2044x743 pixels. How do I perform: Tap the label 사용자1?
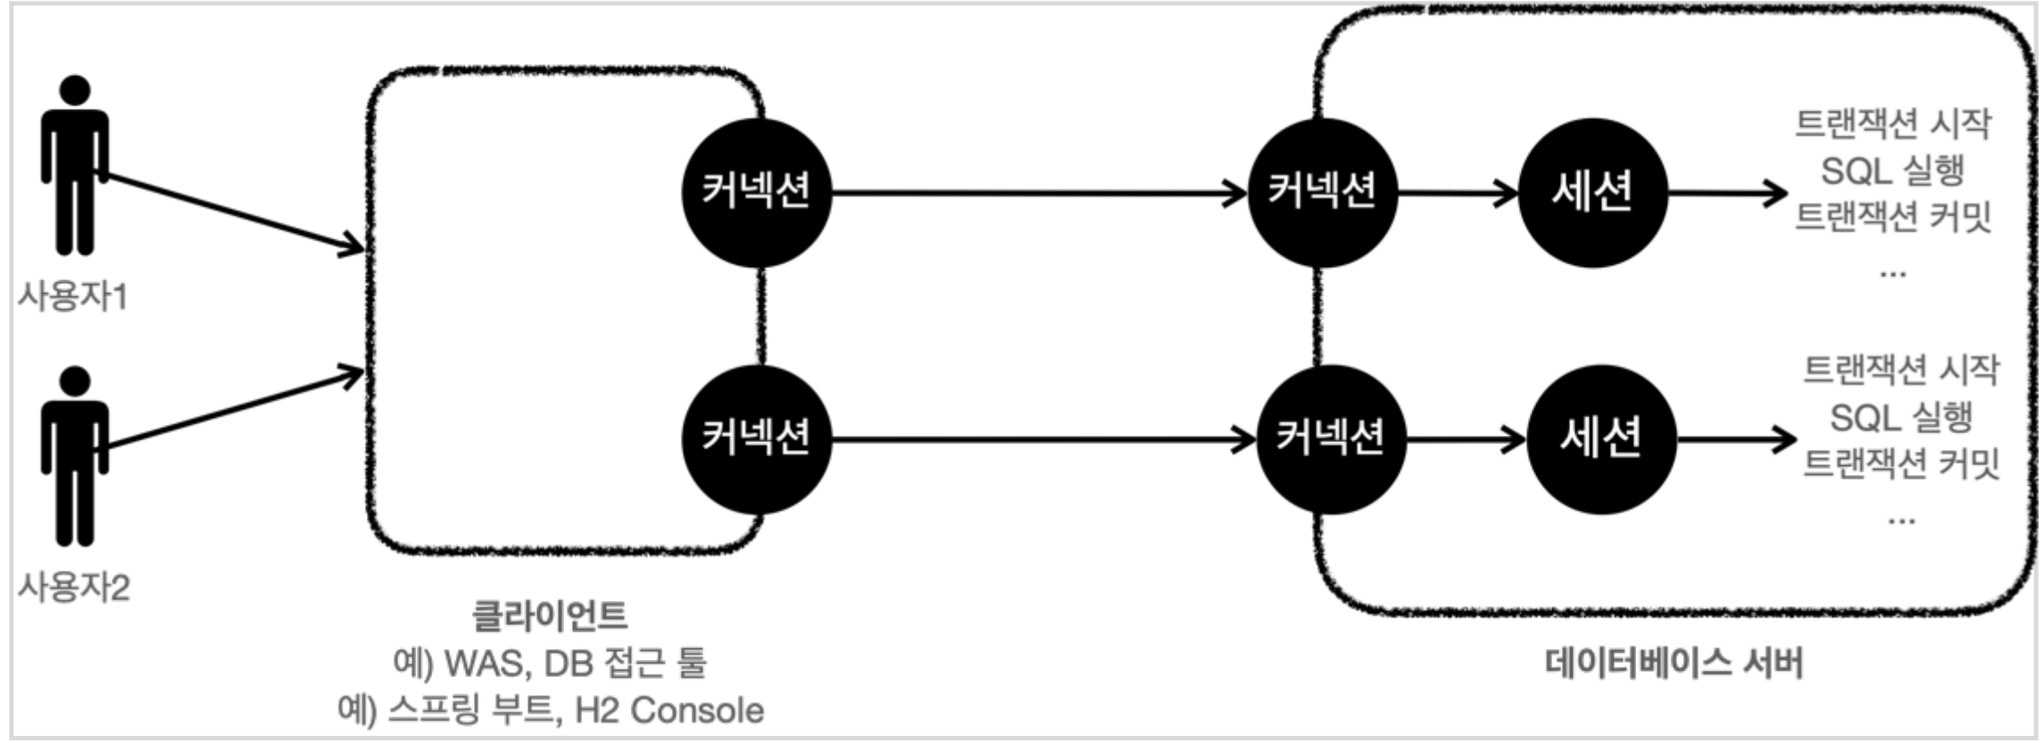(72, 296)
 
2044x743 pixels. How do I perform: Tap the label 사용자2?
(74, 588)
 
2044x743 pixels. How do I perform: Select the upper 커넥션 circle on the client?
(756, 192)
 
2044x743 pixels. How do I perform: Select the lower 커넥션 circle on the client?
(756, 438)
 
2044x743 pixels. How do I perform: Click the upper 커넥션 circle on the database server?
(1323, 192)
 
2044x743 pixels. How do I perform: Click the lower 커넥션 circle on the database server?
(1331, 438)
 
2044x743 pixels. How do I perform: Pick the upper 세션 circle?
(1593, 192)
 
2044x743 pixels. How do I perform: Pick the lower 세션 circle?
(1601, 438)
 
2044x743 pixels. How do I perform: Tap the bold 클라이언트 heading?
(550, 615)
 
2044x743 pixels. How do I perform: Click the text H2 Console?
(669, 711)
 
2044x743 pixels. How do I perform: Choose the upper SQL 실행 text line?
(1892, 170)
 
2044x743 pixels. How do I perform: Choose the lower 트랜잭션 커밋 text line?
(1901, 463)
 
